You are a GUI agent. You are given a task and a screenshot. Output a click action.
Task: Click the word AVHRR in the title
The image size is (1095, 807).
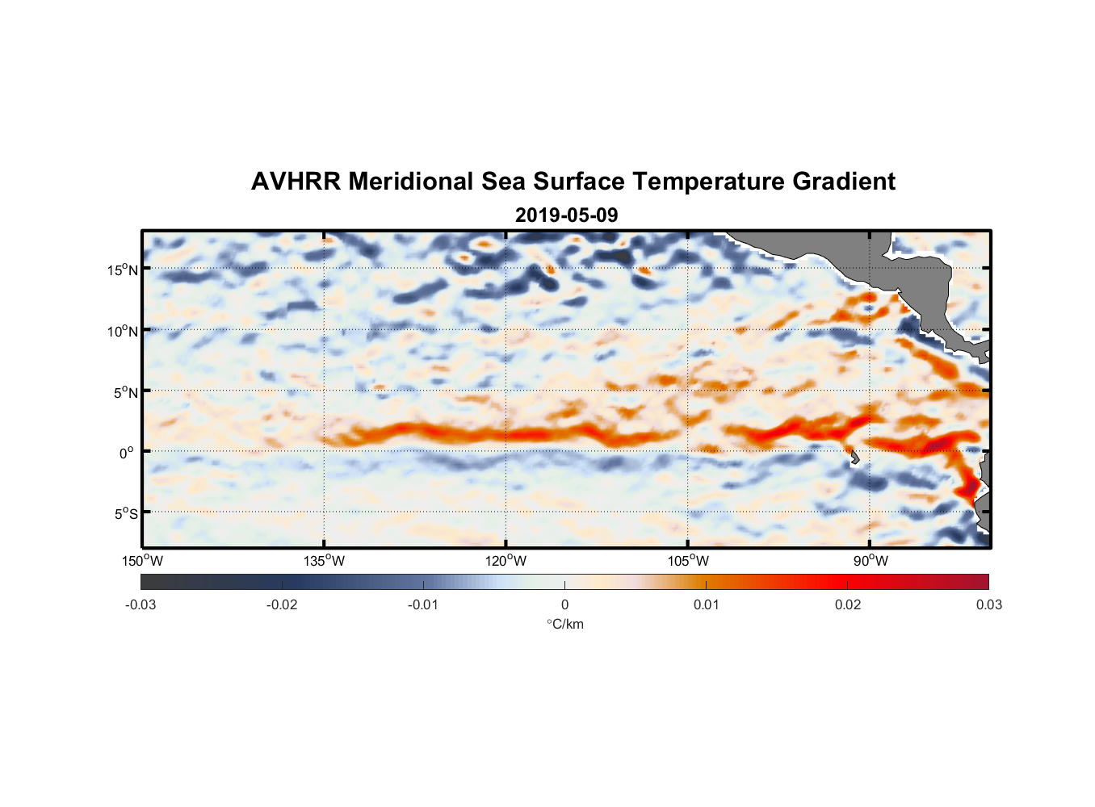pyautogui.click(x=296, y=182)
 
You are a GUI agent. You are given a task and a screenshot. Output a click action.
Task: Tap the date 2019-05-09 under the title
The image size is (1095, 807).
pyautogui.click(x=566, y=215)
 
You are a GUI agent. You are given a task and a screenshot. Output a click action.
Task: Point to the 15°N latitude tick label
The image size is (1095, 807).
pyautogui.click(x=123, y=270)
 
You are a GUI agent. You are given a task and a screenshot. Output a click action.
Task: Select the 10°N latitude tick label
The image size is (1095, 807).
pyautogui.click(x=123, y=331)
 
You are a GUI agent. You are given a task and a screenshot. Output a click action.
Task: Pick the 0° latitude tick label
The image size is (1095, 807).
pyautogui.click(x=127, y=453)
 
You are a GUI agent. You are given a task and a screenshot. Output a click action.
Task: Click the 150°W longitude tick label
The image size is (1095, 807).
pyautogui.click(x=143, y=561)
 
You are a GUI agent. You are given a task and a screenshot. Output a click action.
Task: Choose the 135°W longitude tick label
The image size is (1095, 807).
pyautogui.click(x=324, y=561)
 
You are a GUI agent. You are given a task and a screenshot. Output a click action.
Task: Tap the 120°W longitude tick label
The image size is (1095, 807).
pyautogui.click(x=506, y=561)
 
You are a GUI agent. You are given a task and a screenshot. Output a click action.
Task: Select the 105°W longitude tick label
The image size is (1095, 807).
pyautogui.click(x=688, y=561)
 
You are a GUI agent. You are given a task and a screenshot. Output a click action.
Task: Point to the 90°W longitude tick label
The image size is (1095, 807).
pyautogui.click(x=871, y=561)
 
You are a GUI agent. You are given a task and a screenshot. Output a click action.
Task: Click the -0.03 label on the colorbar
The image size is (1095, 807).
pyautogui.click(x=141, y=604)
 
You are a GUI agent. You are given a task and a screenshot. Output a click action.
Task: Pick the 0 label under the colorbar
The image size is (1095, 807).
pyautogui.click(x=564, y=604)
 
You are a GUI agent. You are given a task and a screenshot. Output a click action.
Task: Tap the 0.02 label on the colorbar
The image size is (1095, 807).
pyautogui.click(x=848, y=604)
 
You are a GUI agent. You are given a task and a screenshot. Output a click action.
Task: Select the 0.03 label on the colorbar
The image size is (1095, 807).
pyautogui.click(x=988, y=604)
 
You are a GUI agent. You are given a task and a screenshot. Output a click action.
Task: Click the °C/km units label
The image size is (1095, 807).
pyautogui.click(x=564, y=624)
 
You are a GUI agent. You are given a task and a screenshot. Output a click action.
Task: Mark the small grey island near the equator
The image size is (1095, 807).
pyautogui.click(x=854, y=458)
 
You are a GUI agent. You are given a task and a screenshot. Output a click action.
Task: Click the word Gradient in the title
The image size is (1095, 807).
pyautogui.click(x=844, y=182)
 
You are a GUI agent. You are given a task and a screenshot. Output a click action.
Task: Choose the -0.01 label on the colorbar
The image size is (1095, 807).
pyautogui.click(x=423, y=604)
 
